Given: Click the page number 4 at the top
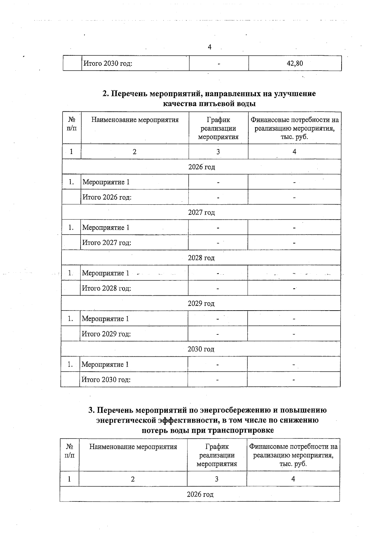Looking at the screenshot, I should [209, 47].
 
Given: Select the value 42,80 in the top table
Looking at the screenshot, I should [295, 63].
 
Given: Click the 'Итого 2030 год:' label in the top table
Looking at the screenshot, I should [108, 63].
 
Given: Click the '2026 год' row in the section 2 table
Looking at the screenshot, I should [202, 167].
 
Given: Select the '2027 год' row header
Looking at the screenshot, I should [201, 212].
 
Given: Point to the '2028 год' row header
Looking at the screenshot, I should [201, 258].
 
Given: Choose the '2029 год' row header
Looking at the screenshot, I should [201, 304].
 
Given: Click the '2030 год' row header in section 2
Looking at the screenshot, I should [201, 349].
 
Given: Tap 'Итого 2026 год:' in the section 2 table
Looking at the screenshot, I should [107, 197].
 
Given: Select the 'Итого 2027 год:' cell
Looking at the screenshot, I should [107, 243].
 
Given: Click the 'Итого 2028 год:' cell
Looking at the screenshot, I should [106, 288].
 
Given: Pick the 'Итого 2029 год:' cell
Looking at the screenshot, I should [106, 334].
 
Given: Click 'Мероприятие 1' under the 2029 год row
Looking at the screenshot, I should [105, 319].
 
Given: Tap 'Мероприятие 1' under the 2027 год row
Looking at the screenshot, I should [106, 228].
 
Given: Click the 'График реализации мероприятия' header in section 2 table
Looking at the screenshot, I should [218, 128].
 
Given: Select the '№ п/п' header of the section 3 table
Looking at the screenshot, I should [69, 451].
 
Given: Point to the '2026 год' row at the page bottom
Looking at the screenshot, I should [200, 494].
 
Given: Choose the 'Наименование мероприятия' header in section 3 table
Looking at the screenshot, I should [133, 447].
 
